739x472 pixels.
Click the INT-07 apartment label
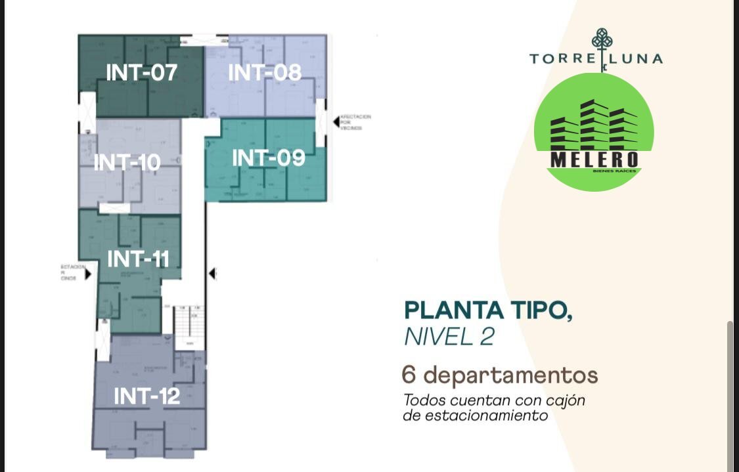pyautogui.click(x=141, y=72)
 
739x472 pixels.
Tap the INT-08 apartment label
pyautogui.click(x=265, y=72)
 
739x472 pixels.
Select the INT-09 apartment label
pyautogui.click(x=269, y=158)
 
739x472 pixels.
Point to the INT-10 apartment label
pyautogui.click(x=127, y=162)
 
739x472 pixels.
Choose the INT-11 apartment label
pyautogui.click(x=138, y=259)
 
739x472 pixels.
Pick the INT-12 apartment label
pyautogui.click(x=146, y=396)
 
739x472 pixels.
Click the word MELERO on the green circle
pyautogui.click(x=594, y=160)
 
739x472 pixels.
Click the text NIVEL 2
pyautogui.click(x=449, y=337)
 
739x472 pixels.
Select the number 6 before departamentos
pyautogui.click(x=409, y=375)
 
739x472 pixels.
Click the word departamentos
pyautogui.click(x=510, y=376)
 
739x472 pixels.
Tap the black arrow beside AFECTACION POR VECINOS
pyautogui.click(x=336, y=121)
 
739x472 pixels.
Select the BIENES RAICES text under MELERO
pyautogui.click(x=614, y=171)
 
